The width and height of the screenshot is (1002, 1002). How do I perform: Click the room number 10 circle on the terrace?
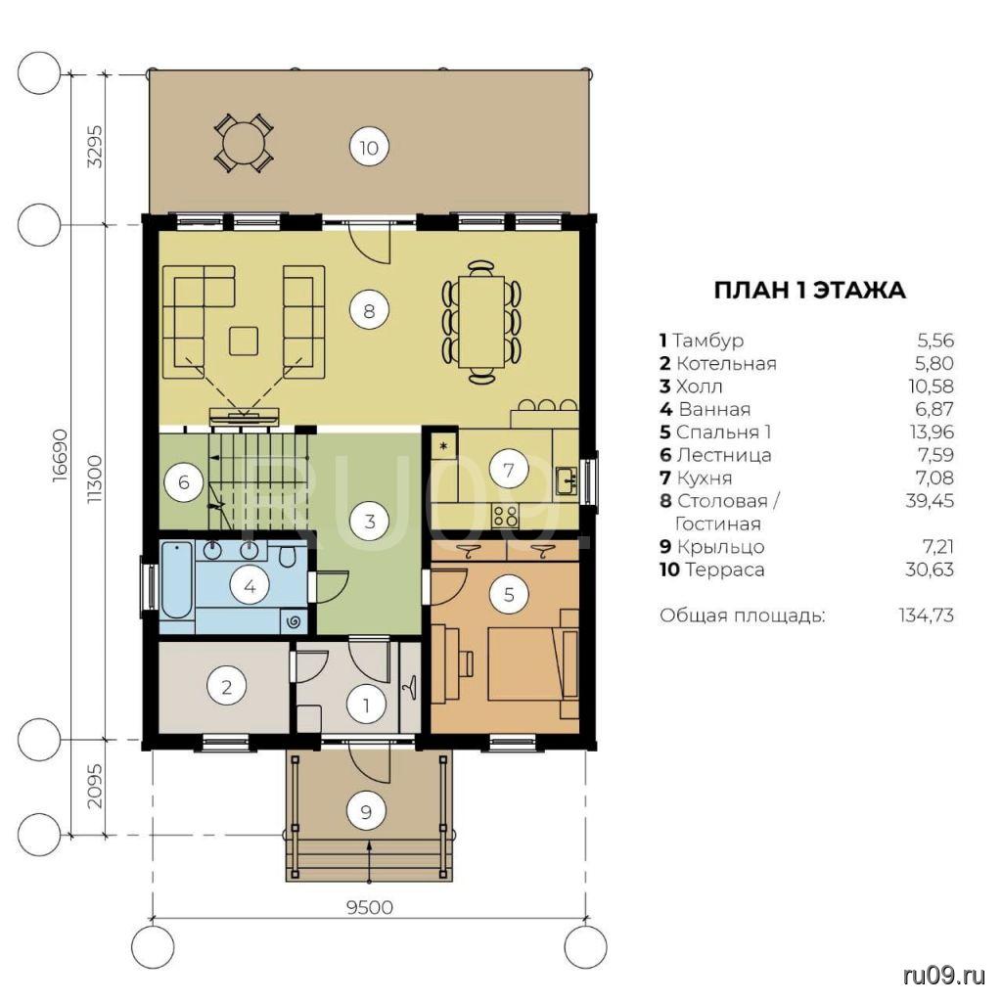(x=369, y=148)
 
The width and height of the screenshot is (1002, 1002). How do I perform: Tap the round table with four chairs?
(x=244, y=143)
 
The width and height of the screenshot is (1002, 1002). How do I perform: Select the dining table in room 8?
(x=481, y=321)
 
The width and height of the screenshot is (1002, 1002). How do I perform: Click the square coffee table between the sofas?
(x=244, y=341)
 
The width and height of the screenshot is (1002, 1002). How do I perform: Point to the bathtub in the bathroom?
(x=176, y=579)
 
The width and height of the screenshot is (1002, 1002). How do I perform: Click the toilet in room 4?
(x=287, y=557)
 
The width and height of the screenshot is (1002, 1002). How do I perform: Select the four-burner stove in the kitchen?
(x=504, y=515)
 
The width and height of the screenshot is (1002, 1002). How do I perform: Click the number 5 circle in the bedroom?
(x=509, y=595)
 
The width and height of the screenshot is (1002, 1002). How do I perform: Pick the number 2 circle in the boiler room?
(x=226, y=687)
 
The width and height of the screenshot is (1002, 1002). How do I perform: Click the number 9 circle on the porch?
(x=366, y=811)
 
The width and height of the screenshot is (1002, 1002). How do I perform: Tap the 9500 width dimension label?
(x=369, y=907)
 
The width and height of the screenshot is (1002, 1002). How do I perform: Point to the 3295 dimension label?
(x=94, y=146)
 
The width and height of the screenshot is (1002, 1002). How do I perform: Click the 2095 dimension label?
(x=94, y=786)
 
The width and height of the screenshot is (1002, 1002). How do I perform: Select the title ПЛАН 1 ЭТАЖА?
(x=809, y=290)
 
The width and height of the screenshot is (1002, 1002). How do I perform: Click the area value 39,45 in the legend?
(x=930, y=500)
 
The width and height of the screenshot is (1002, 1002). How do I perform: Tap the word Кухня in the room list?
(x=705, y=478)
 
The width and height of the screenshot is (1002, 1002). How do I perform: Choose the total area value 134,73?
(x=927, y=615)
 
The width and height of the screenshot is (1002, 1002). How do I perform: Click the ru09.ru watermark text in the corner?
(x=944, y=976)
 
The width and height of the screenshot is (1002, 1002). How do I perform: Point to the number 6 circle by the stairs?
(x=184, y=481)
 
